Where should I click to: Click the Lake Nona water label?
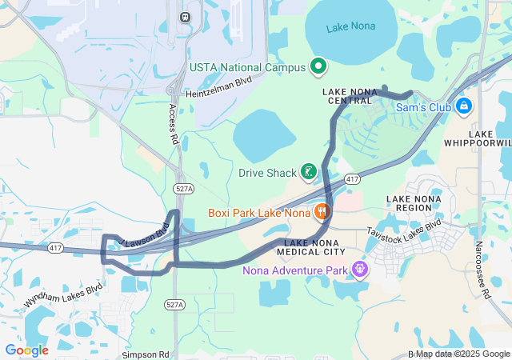[350, 28]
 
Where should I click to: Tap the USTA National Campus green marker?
[318, 66]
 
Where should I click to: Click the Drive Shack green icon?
[308, 173]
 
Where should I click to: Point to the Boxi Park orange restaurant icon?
[321, 212]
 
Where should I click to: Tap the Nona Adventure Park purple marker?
[360, 270]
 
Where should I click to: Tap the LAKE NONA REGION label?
[414, 203]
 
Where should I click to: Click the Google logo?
[26, 350]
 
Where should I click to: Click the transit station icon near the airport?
[186, 16]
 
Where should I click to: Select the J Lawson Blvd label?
[145, 233]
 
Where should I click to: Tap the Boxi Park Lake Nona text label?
[258, 213]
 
